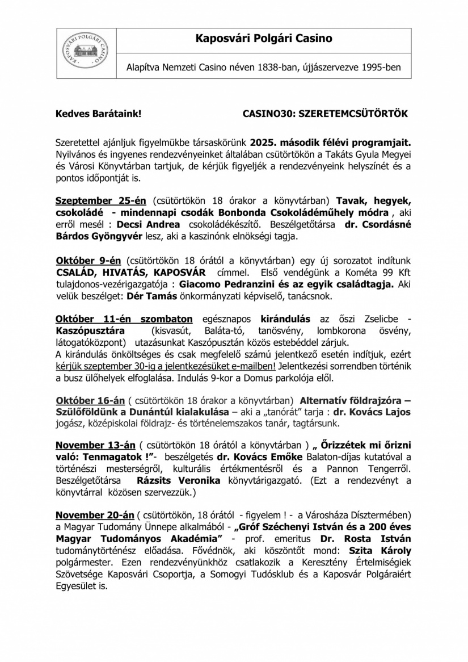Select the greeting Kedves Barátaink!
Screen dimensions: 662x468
94,114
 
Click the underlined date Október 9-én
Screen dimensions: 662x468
88,261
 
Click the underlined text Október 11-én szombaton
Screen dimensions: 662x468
124,320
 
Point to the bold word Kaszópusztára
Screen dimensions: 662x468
90,331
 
